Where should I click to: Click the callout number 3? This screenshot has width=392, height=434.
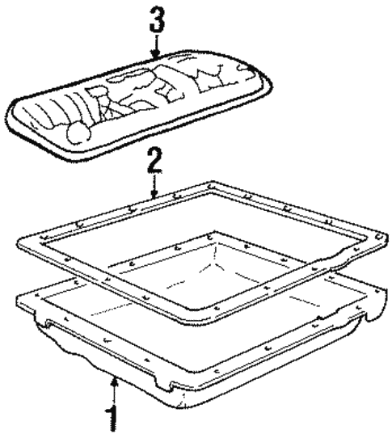pyautogui.click(x=157, y=19)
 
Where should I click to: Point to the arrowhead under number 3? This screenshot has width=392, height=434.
pyautogui.click(x=157, y=54)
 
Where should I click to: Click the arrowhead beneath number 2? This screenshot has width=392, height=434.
pyautogui.click(x=154, y=194)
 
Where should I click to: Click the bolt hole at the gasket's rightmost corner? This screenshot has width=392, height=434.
pyautogui.click(x=377, y=237)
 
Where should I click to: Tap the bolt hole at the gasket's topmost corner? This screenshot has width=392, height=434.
pyautogui.click(x=211, y=185)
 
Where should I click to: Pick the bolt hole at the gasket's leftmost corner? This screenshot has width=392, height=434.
pyautogui.click(x=44, y=238)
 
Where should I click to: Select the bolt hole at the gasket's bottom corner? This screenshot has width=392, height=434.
pyautogui.click(x=217, y=308)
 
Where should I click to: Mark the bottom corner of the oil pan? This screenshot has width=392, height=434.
pyautogui.click(x=181, y=406)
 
